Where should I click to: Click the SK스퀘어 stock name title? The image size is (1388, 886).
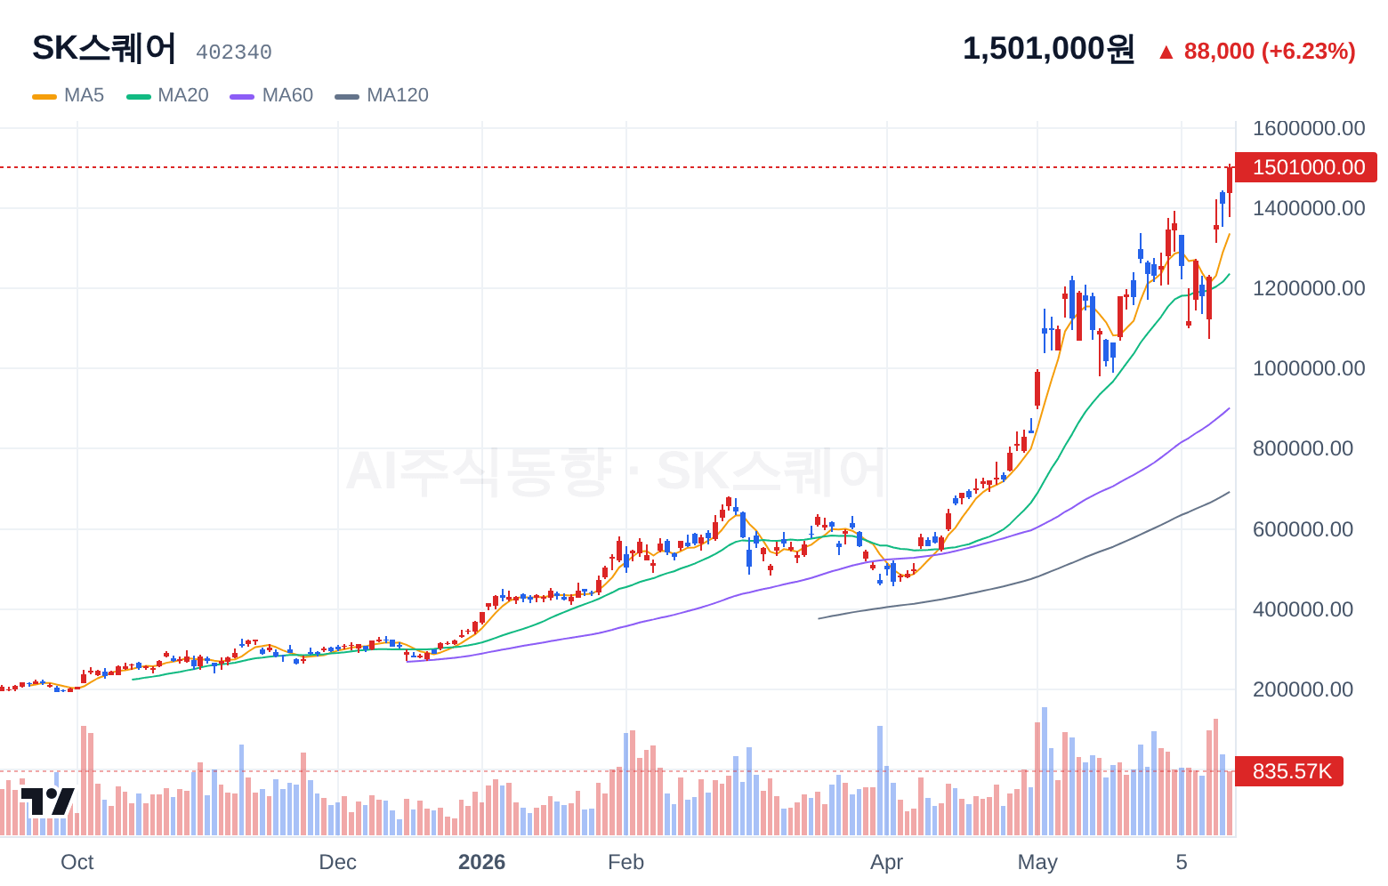104,48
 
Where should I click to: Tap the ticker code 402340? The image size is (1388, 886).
234,52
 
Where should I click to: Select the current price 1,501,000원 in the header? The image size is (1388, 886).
1048,48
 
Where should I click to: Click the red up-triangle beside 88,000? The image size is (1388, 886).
1166,52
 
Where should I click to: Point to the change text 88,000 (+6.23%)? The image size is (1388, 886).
1270,52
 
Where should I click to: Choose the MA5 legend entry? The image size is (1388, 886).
69,95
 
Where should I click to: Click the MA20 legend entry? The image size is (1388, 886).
167,95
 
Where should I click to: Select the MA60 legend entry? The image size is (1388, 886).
271,95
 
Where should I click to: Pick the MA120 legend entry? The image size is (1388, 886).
382,95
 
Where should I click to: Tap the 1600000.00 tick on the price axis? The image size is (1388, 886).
1309,128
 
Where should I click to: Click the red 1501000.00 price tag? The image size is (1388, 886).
1306,167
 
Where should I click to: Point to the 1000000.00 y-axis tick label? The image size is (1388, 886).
1309,368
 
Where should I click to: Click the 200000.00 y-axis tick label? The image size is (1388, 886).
1303,689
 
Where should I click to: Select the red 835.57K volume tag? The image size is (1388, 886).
1289,771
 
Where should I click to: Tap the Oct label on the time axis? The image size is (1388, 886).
77,862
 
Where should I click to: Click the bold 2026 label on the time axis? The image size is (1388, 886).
481,862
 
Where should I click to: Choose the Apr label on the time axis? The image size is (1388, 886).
887,862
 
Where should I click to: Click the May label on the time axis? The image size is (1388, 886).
1037,862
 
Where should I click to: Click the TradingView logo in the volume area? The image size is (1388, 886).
48,801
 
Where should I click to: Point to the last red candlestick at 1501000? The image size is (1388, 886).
1230,181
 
